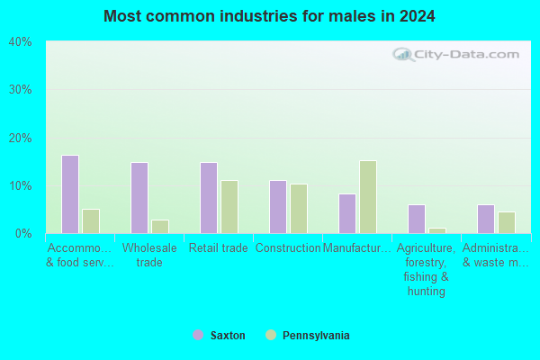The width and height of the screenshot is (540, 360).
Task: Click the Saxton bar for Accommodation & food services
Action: (x=70, y=194)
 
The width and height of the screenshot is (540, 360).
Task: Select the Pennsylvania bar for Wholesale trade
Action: (x=160, y=227)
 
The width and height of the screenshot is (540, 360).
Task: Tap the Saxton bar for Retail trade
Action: (x=209, y=198)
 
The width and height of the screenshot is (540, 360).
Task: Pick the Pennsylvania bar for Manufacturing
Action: (x=368, y=197)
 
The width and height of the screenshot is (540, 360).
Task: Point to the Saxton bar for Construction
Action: (x=278, y=207)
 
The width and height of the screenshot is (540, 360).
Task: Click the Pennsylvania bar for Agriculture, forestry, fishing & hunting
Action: (x=437, y=230)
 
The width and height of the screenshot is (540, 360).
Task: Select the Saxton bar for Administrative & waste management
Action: (x=486, y=219)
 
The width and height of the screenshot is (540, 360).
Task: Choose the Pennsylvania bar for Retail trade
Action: (x=229, y=207)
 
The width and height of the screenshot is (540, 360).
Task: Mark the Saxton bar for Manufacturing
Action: (x=347, y=214)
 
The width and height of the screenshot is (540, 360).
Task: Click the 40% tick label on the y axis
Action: (x=21, y=42)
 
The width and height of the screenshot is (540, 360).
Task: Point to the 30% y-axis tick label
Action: (x=21, y=90)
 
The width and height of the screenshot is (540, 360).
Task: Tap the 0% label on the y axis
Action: (x=23, y=234)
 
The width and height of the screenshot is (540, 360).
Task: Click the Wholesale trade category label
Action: (x=149, y=255)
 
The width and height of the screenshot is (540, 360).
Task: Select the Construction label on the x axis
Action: (x=288, y=247)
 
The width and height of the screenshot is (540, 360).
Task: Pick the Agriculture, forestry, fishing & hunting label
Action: (x=427, y=269)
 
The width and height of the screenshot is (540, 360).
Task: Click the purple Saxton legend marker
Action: (x=198, y=335)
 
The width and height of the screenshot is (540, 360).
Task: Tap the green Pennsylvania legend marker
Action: (x=271, y=335)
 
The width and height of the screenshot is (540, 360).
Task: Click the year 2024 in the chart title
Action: (x=417, y=16)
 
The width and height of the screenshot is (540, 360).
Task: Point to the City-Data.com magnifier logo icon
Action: (x=403, y=55)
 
